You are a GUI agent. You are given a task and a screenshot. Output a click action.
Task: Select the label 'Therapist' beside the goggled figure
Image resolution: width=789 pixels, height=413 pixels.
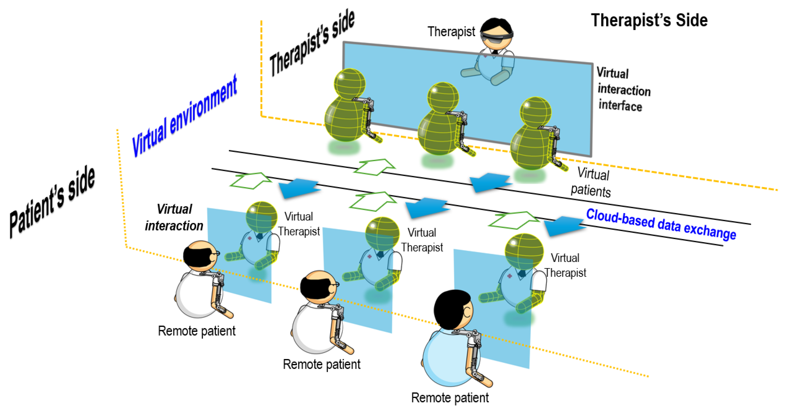(x=451, y=32)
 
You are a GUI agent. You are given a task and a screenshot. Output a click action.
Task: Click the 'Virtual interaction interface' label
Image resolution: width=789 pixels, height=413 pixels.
(x=623, y=89)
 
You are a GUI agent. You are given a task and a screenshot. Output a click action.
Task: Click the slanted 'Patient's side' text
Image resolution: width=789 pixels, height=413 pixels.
(x=52, y=202)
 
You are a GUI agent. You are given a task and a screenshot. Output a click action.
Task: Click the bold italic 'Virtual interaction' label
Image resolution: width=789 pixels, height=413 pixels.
(x=174, y=218)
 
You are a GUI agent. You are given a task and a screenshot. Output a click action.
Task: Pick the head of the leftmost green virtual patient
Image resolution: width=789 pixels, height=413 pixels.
(x=349, y=83)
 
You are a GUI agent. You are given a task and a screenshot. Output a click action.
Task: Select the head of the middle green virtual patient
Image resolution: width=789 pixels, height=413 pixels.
(x=443, y=97)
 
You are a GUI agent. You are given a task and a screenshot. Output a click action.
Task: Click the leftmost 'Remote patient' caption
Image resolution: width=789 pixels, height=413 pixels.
(x=197, y=331)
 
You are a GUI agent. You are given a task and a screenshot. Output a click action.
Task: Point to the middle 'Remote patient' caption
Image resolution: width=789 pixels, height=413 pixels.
(x=322, y=364)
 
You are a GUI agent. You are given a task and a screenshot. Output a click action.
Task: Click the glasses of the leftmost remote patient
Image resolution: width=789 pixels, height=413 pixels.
(x=215, y=254)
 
